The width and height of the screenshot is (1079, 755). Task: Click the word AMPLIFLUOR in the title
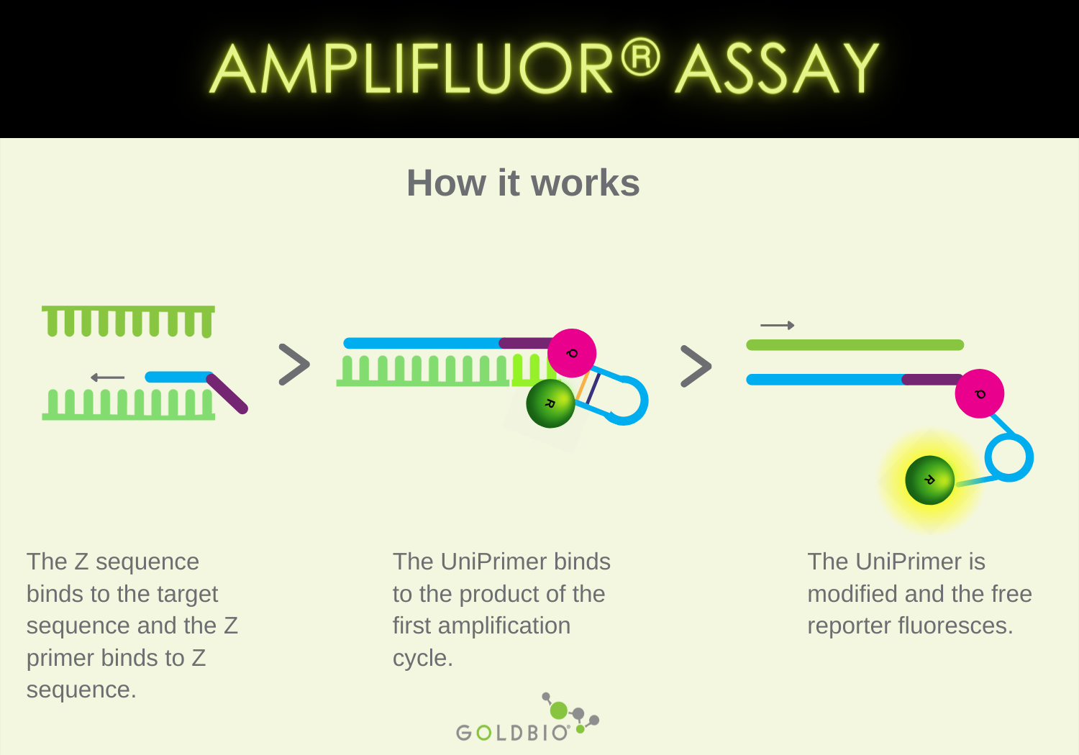(410, 70)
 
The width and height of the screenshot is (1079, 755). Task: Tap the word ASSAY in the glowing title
(777, 70)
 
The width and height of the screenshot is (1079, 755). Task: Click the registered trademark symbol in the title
(640, 58)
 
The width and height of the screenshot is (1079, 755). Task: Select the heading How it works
(523, 183)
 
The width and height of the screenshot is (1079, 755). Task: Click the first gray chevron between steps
(293, 365)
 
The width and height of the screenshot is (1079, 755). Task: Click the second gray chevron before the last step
(695, 367)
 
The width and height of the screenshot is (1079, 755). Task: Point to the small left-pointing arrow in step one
(108, 377)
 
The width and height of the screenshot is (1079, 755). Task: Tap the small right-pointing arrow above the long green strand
(778, 326)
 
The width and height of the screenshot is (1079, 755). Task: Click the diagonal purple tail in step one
(228, 394)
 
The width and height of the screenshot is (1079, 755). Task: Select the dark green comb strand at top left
(128, 319)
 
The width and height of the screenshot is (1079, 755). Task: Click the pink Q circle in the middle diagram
(572, 353)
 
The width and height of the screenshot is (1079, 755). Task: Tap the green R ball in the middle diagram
(550, 403)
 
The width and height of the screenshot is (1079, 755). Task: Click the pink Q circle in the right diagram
(979, 393)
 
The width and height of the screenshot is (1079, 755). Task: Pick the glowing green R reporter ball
(929, 480)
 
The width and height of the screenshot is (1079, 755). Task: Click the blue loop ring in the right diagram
(1009, 457)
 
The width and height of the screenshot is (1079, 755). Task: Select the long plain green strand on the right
(855, 345)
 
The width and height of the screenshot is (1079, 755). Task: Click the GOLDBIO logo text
(512, 733)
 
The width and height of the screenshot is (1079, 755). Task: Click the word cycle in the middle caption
(420, 658)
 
